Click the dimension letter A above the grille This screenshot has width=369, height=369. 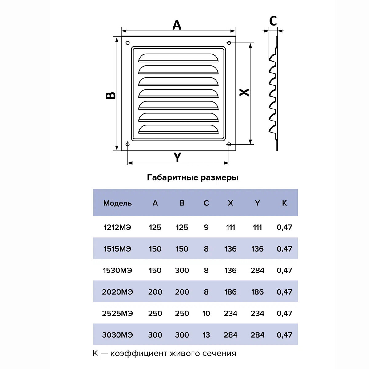pos(177,25)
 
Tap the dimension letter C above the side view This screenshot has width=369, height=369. pos(273,21)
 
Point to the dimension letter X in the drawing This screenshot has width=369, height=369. pos(244,92)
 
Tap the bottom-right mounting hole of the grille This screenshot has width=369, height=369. pos(229,144)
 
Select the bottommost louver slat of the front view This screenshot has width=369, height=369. pos(179,129)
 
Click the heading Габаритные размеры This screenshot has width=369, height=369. pos(193,177)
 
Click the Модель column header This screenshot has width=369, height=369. pos(117,203)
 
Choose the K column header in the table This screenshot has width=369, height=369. pos(284,203)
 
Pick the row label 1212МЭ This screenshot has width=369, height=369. pos(117,227)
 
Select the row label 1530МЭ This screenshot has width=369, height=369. pos(117,270)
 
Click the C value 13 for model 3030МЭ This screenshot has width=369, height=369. pos(206,335)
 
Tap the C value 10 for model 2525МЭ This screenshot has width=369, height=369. pos(206,313)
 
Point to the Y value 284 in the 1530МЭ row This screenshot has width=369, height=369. pos(257,270)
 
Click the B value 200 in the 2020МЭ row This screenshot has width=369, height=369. pos(182,292)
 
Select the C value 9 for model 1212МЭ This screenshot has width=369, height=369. pos(206,227)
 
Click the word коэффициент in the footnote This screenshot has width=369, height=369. pos(136,353)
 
